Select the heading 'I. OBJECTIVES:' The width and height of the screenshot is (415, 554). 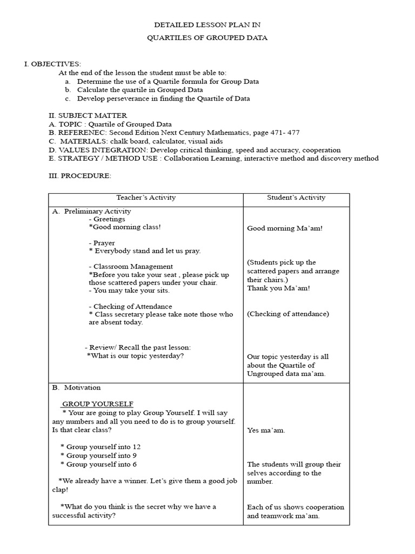click(52, 64)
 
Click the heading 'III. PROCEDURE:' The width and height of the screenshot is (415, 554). click(80, 176)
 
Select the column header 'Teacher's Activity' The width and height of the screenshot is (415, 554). click(146, 197)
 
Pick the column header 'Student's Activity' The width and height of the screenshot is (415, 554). click(296, 197)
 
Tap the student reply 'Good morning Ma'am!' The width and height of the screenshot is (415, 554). click(285, 228)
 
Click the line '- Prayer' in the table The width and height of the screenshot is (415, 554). click(102, 243)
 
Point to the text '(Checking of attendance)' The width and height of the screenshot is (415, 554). click(287, 314)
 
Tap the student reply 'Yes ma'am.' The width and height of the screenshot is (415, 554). click(266, 430)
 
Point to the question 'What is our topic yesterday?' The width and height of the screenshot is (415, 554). click(135, 356)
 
